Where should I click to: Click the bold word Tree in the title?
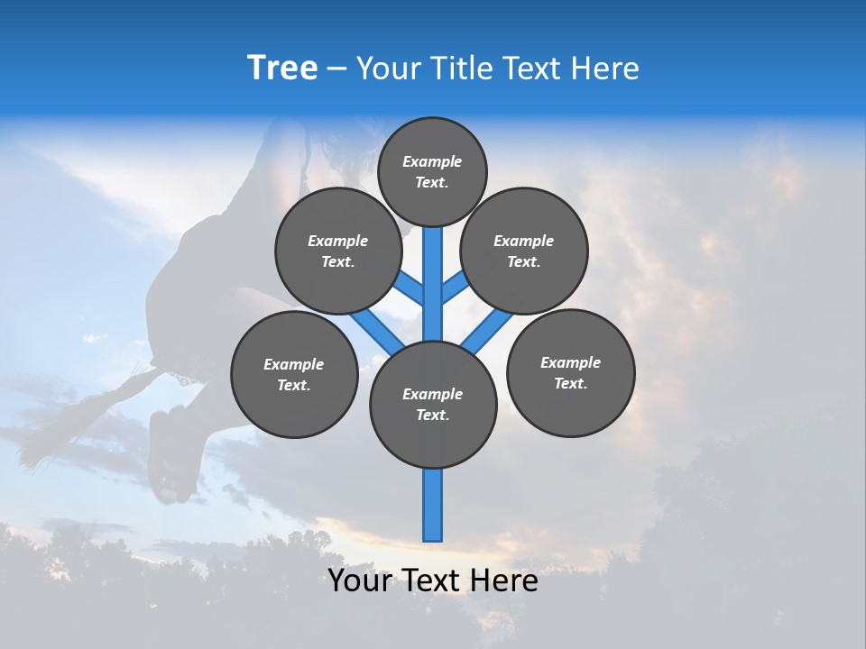[282, 69]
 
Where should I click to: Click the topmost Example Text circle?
[432, 171]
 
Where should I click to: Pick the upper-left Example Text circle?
[338, 251]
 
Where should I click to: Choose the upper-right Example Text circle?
[524, 251]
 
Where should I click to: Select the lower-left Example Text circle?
[294, 374]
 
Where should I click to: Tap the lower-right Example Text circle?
[570, 372]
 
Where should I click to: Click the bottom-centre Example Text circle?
[433, 404]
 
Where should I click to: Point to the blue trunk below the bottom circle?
[433, 505]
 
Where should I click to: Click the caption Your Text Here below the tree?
[433, 580]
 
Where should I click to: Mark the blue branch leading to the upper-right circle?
[455, 288]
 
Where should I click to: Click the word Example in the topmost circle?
[432, 161]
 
